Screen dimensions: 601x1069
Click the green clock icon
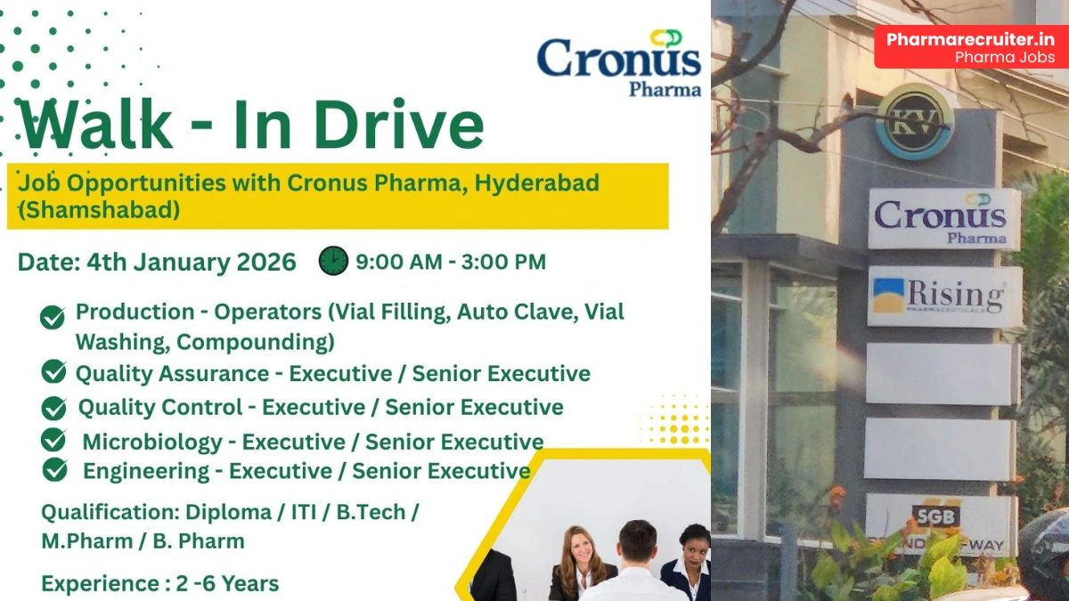(x=333, y=261)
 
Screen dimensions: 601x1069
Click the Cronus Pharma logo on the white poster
(x=618, y=62)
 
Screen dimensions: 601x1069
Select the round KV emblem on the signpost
(x=915, y=122)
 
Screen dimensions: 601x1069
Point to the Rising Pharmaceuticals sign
(x=944, y=296)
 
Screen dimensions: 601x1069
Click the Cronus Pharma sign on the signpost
(x=944, y=219)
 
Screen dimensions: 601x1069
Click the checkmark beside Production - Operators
(x=53, y=317)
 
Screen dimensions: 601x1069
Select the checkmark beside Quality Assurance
(x=53, y=371)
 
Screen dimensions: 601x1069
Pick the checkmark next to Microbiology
(x=53, y=440)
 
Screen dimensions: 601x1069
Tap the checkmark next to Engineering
(x=54, y=469)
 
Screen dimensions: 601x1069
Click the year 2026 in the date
(x=265, y=262)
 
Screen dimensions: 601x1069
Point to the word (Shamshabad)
(x=99, y=210)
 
